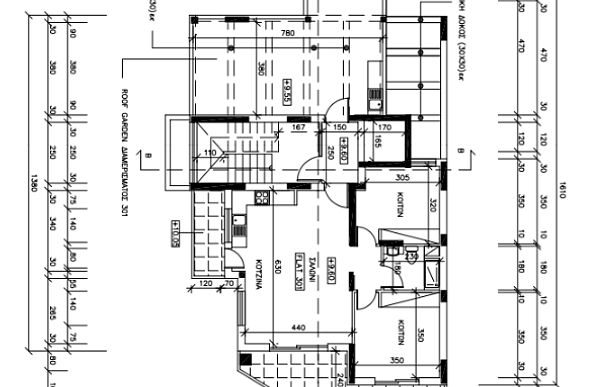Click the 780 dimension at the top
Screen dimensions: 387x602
coord(287,35)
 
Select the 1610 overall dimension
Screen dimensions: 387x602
coord(562,188)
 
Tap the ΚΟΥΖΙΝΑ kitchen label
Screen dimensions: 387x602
coord(256,269)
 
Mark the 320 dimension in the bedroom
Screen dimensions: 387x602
coord(433,207)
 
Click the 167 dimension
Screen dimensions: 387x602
coord(298,127)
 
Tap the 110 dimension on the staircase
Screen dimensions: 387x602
coord(210,153)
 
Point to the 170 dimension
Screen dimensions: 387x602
coord(384,127)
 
